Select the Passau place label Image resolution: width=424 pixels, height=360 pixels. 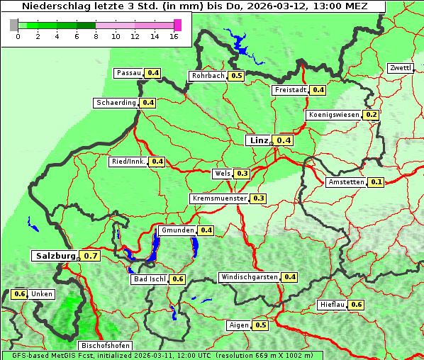click(x=128, y=73)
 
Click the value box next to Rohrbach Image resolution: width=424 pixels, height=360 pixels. click(x=237, y=76)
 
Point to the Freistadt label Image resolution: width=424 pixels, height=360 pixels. click(x=290, y=90)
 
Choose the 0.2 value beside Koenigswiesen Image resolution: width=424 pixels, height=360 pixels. click(x=372, y=115)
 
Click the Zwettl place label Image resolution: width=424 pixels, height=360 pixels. click(x=400, y=68)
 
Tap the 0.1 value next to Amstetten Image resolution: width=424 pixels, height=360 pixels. click(x=376, y=182)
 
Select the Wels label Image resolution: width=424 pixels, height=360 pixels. click(x=221, y=173)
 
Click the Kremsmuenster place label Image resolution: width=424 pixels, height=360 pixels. click(x=219, y=198)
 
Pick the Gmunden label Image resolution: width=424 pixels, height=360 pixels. click(x=177, y=230)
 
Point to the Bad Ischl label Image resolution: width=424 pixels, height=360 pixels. click(x=149, y=279)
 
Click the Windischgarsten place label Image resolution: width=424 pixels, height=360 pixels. click(x=249, y=277)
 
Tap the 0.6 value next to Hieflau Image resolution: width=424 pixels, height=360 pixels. click(x=357, y=305)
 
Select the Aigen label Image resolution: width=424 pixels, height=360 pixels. click(x=238, y=325)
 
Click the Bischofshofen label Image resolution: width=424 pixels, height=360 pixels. click(x=104, y=345)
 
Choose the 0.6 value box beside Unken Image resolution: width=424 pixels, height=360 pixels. click(x=20, y=294)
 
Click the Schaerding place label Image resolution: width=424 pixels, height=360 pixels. click(x=116, y=103)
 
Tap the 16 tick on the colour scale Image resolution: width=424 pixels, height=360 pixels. click(x=174, y=36)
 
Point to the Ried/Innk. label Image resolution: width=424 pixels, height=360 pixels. click(x=128, y=162)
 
